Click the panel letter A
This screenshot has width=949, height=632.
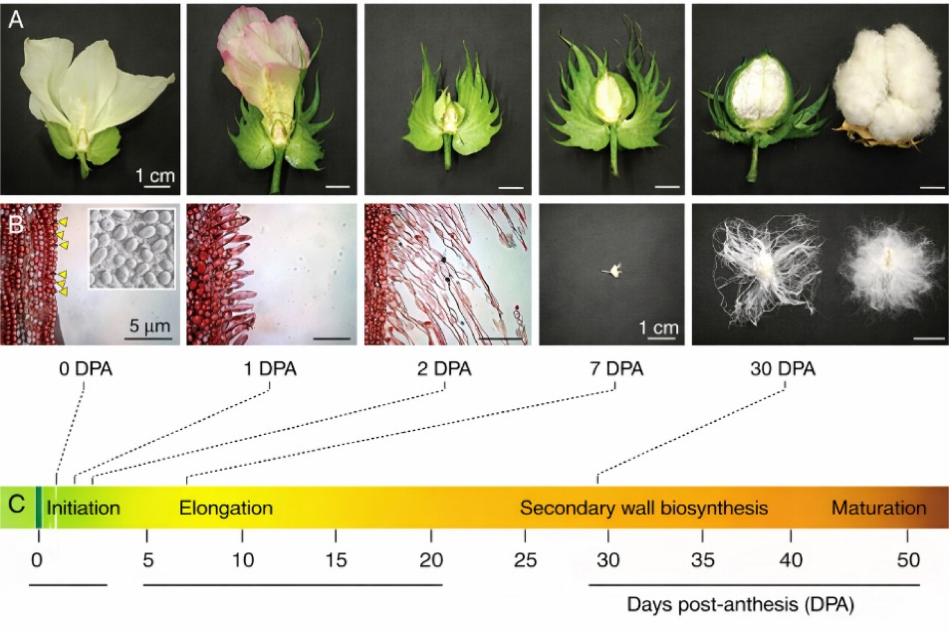(16, 19)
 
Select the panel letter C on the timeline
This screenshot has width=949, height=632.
(16, 504)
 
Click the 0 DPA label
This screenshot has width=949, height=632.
(85, 369)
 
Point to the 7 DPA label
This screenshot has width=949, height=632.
(616, 369)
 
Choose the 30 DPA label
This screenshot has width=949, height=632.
(783, 369)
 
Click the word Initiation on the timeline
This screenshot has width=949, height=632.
(83, 508)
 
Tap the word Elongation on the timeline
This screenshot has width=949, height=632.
(226, 508)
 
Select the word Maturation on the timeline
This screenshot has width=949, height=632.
(879, 508)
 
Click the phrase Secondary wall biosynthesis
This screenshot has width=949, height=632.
(644, 508)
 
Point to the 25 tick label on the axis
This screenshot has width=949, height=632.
(525, 560)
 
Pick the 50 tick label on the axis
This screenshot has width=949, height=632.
(908, 560)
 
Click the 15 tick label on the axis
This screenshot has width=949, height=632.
(336, 560)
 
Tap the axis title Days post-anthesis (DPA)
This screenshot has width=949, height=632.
(740, 605)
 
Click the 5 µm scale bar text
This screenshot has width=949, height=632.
(150, 326)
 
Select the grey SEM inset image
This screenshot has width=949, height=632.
(132, 248)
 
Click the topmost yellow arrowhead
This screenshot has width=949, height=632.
(63, 221)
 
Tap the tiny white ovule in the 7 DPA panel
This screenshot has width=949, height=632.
(613, 270)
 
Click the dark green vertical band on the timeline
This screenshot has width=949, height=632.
(39, 507)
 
